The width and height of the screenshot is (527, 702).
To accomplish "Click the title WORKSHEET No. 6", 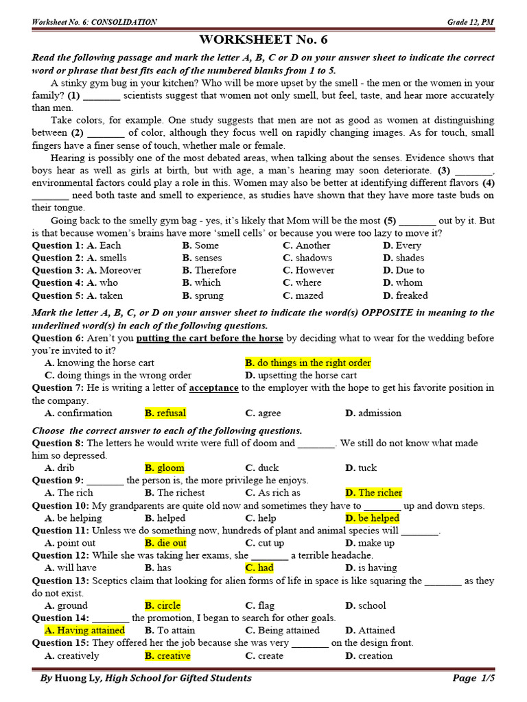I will [x=263, y=40].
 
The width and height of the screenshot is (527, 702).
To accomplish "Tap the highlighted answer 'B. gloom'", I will [x=165, y=468].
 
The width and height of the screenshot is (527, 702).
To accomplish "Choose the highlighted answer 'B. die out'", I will [x=165, y=543].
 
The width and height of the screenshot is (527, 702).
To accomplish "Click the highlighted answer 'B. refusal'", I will [x=165, y=413].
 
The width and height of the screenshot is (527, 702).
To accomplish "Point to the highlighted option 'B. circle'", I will [x=163, y=605].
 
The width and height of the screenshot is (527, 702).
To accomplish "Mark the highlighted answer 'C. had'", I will [x=259, y=568].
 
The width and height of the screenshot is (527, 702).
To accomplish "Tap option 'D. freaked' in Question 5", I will [x=405, y=295].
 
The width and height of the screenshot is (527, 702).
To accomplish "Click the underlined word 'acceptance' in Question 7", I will [x=214, y=388].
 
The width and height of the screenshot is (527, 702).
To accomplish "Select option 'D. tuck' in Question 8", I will [x=361, y=468].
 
